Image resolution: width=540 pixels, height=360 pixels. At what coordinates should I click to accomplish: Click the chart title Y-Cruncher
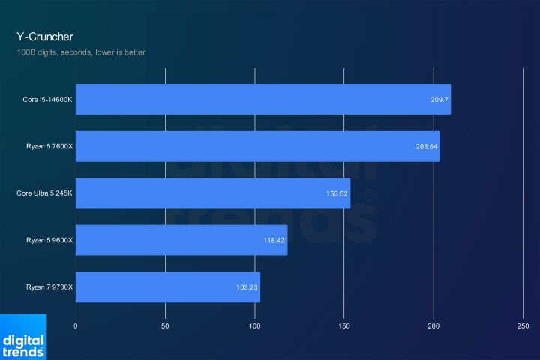(44, 36)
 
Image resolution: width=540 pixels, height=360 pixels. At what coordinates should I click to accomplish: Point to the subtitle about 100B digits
(81, 52)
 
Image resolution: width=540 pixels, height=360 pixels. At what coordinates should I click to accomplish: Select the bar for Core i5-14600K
(262, 100)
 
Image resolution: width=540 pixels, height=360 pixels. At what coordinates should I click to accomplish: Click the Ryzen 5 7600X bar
(257, 146)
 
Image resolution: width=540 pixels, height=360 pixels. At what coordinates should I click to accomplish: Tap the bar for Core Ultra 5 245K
(212, 193)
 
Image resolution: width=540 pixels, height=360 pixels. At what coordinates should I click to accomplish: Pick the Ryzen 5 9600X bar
(181, 240)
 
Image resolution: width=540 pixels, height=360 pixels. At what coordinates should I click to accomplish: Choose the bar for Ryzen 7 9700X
(167, 286)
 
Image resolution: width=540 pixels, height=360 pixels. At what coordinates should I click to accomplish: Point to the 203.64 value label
(426, 146)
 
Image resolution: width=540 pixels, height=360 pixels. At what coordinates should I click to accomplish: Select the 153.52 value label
(336, 193)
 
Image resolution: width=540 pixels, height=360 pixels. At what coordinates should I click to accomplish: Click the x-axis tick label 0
(76, 326)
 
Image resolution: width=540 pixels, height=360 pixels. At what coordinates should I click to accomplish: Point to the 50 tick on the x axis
(165, 326)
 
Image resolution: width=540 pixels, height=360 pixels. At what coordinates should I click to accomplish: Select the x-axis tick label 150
(343, 326)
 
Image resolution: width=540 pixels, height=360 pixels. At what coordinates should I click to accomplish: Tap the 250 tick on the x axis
(523, 326)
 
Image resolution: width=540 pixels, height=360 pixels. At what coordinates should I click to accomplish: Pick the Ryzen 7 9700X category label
(46, 286)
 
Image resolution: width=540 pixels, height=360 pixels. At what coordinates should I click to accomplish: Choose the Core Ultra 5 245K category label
(43, 193)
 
